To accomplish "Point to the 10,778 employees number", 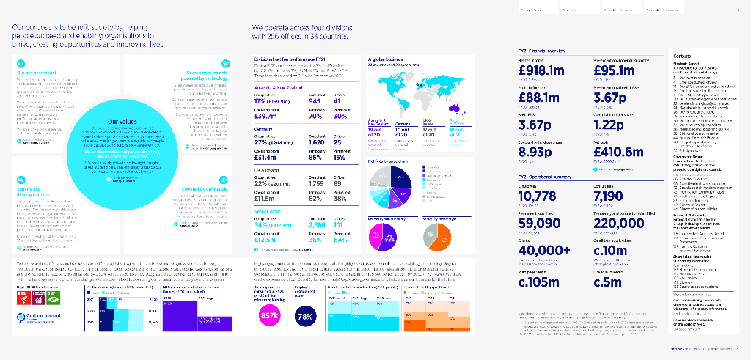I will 538,197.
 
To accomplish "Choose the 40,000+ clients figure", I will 543,250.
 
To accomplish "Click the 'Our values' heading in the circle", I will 121,123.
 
